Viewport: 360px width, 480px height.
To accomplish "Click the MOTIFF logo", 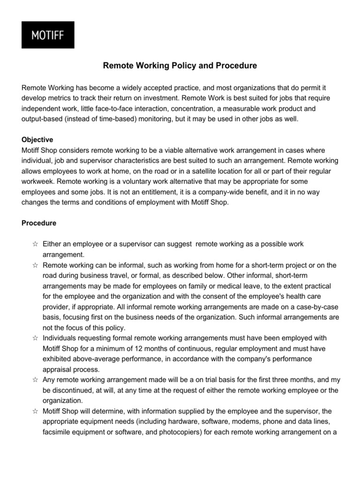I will (x=47, y=35).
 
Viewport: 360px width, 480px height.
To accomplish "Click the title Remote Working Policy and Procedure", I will (x=180, y=66).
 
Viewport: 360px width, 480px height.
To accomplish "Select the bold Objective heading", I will (x=37, y=140).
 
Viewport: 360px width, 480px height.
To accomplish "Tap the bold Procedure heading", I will (x=39, y=223).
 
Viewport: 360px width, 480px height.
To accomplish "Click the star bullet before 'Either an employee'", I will (x=35, y=244).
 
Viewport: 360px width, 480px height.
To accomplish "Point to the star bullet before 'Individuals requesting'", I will (x=35, y=337).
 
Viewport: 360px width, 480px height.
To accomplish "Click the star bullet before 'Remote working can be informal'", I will (x=35, y=265).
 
